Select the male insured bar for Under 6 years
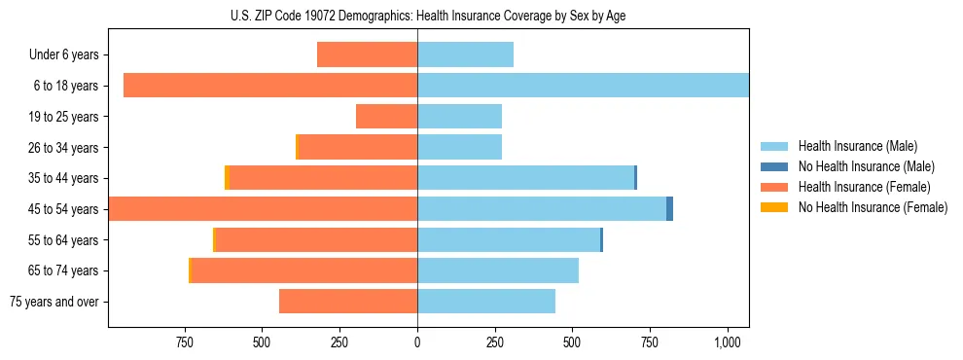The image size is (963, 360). [x=465, y=54]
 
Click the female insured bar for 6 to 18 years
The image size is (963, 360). [x=270, y=86]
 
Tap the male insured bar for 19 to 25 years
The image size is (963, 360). [x=459, y=117]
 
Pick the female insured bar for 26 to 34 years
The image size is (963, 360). [x=358, y=147]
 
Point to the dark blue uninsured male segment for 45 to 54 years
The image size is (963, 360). [x=669, y=208]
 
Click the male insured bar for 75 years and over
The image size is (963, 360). [x=486, y=302]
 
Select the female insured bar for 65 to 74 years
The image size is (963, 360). [x=304, y=270]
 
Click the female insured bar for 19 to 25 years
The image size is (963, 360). [x=386, y=117]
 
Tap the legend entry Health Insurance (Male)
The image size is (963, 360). [x=857, y=146]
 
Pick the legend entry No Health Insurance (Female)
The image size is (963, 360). [x=873, y=207]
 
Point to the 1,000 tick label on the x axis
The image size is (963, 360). [x=728, y=342]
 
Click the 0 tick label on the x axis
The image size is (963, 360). [x=417, y=342]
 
